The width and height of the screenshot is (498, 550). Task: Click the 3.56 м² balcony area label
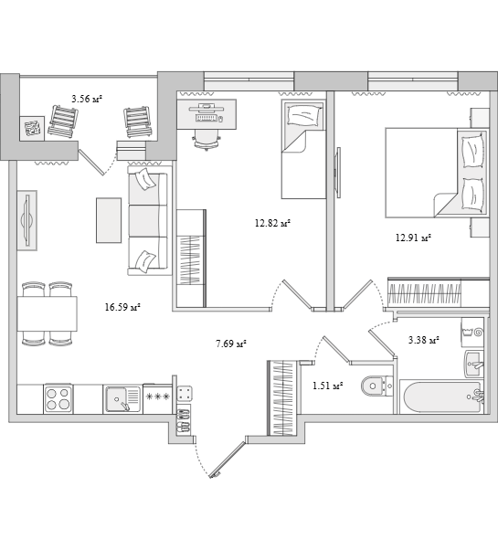(87, 99)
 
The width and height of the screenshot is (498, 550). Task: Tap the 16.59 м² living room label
(122, 308)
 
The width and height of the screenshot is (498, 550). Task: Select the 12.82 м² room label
(273, 223)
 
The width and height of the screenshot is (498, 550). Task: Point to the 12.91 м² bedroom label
(413, 238)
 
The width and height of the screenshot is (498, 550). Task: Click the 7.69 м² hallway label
(230, 344)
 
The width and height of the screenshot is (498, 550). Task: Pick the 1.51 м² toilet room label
(327, 386)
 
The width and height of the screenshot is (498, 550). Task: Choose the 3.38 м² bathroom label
(424, 340)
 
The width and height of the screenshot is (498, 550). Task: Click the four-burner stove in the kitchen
(58, 399)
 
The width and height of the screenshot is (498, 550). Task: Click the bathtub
(441, 397)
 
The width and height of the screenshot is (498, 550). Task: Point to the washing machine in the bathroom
(472, 332)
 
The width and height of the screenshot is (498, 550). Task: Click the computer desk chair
(207, 139)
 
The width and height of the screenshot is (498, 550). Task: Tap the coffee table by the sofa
(109, 220)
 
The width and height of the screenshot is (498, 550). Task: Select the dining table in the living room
(48, 313)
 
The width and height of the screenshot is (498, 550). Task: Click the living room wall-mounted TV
(27, 220)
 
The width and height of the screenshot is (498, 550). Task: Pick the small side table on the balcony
(32, 129)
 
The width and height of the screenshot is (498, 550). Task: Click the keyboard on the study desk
(207, 118)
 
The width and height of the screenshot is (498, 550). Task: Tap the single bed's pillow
(303, 115)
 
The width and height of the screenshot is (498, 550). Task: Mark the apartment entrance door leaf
(227, 460)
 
